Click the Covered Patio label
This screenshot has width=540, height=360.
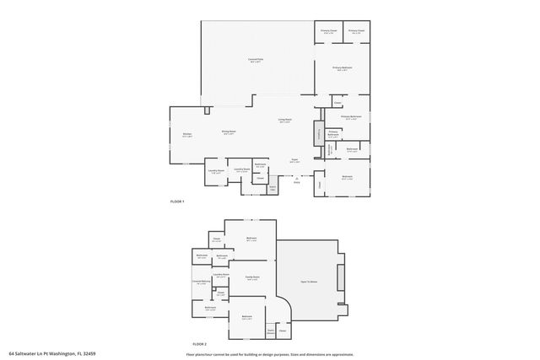pyautogui.click(x=254, y=60)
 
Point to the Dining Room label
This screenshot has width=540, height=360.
pyautogui.click(x=228, y=132)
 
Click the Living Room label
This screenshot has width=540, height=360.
pyautogui.click(x=285, y=121)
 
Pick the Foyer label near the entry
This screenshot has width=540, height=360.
pyautogui.click(x=295, y=160)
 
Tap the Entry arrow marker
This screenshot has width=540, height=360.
pyautogui.click(x=296, y=177)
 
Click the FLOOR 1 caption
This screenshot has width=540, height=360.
pyautogui.click(x=177, y=202)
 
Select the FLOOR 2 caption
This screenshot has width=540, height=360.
pyautogui.click(x=199, y=345)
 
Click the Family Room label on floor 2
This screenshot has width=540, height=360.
pyautogui.click(x=252, y=277)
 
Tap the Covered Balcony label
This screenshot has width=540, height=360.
pyautogui.click(x=202, y=282)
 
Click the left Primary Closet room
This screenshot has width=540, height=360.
pyautogui.click(x=329, y=31)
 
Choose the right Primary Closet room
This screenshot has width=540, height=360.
pyautogui.click(x=357, y=31)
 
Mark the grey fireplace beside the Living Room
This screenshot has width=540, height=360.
pyautogui.click(x=318, y=135)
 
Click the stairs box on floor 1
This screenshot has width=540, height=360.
pyautogui.click(x=273, y=188)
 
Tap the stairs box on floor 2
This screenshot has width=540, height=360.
pyautogui.click(x=271, y=332)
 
